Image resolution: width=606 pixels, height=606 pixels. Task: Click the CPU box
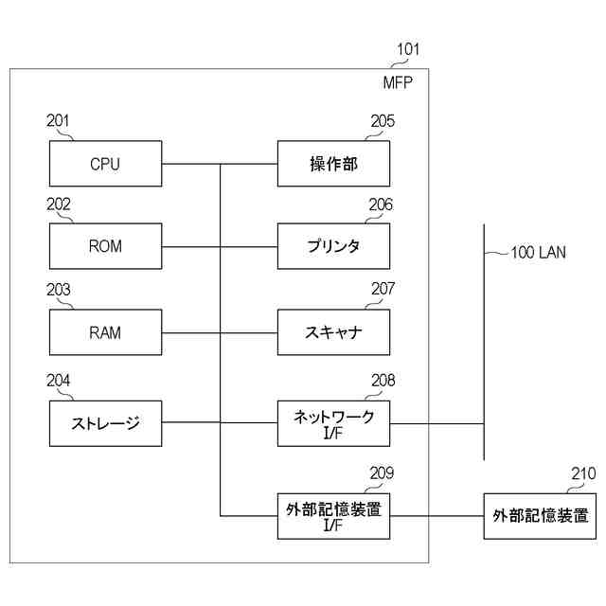tap(105, 164)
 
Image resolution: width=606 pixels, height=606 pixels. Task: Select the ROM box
tap(105, 247)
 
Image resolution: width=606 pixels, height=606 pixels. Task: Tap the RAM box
tap(105, 332)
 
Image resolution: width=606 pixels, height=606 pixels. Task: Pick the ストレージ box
tap(105, 423)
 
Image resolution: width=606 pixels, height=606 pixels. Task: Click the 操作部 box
tap(333, 164)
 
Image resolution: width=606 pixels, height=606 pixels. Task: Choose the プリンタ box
tap(333, 247)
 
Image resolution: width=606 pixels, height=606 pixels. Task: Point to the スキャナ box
tap(333, 332)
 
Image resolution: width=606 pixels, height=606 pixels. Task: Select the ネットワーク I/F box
tap(333, 423)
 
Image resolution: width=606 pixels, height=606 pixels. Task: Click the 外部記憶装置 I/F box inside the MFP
tap(333, 516)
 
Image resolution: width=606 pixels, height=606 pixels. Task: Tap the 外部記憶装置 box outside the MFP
tap(540, 516)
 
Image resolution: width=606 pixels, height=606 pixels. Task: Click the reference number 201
tap(58, 120)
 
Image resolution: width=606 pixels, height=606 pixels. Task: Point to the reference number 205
tap(383, 120)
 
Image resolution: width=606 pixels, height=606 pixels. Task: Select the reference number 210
tap(583, 474)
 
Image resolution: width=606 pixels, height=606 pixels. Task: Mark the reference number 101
tap(408, 49)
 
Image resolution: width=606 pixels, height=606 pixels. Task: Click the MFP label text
tap(398, 81)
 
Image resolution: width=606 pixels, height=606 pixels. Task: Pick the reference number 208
tap(383, 380)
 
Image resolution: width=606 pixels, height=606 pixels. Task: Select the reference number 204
tap(58, 380)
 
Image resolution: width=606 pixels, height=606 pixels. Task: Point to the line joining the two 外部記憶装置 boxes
tap(437, 516)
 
